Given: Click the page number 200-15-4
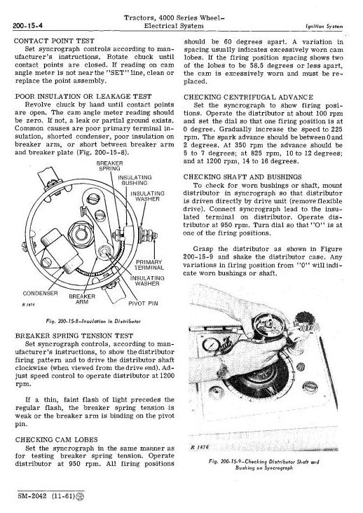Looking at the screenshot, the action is (29, 25).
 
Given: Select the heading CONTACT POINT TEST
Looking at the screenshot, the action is (54, 41).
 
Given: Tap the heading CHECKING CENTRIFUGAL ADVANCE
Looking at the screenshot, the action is (248, 97).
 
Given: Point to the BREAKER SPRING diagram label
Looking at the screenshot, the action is (109, 166).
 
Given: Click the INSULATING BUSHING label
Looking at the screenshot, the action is (135, 180).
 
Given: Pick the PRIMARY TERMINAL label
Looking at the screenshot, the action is (149, 265).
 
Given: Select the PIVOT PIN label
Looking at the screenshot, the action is (143, 303).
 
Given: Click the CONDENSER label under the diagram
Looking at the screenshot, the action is (40, 293).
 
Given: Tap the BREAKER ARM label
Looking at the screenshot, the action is (82, 299).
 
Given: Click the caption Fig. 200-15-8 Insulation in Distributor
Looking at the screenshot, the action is (93, 321).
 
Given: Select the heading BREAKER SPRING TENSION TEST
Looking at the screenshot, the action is (74, 336).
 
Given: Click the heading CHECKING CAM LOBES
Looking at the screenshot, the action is (57, 439).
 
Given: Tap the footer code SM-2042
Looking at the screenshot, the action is (32, 496).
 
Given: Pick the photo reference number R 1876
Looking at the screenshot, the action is (199, 447).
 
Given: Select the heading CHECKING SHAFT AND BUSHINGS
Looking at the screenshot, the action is (242, 177).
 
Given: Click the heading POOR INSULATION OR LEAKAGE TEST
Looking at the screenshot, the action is (83, 97).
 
